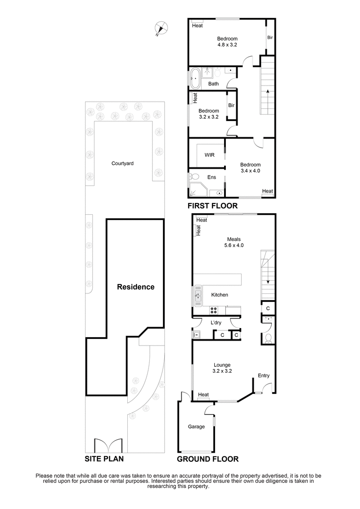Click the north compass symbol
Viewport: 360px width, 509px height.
(x=161, y=27)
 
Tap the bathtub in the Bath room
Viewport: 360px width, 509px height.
(x=195, y=78)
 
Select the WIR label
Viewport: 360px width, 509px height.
(x=209, y=155)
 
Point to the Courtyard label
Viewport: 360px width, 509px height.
(x=122, y=163)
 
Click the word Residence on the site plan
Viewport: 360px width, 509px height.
(x=135, y=287)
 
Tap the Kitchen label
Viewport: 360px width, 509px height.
(x=220, y=295)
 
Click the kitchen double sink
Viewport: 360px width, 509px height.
(x=198, y=296)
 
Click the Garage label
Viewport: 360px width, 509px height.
(x=196, y=427)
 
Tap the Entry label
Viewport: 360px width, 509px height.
(x=264, y=375)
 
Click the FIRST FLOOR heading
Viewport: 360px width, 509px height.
(x=212, y=206)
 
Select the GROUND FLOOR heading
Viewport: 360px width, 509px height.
(x=207, y=459)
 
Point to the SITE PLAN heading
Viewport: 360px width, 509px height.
(x=104, y=459)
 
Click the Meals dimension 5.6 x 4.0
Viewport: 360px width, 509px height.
(x=234, y=246)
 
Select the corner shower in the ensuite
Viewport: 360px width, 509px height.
(x=197, y=190)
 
